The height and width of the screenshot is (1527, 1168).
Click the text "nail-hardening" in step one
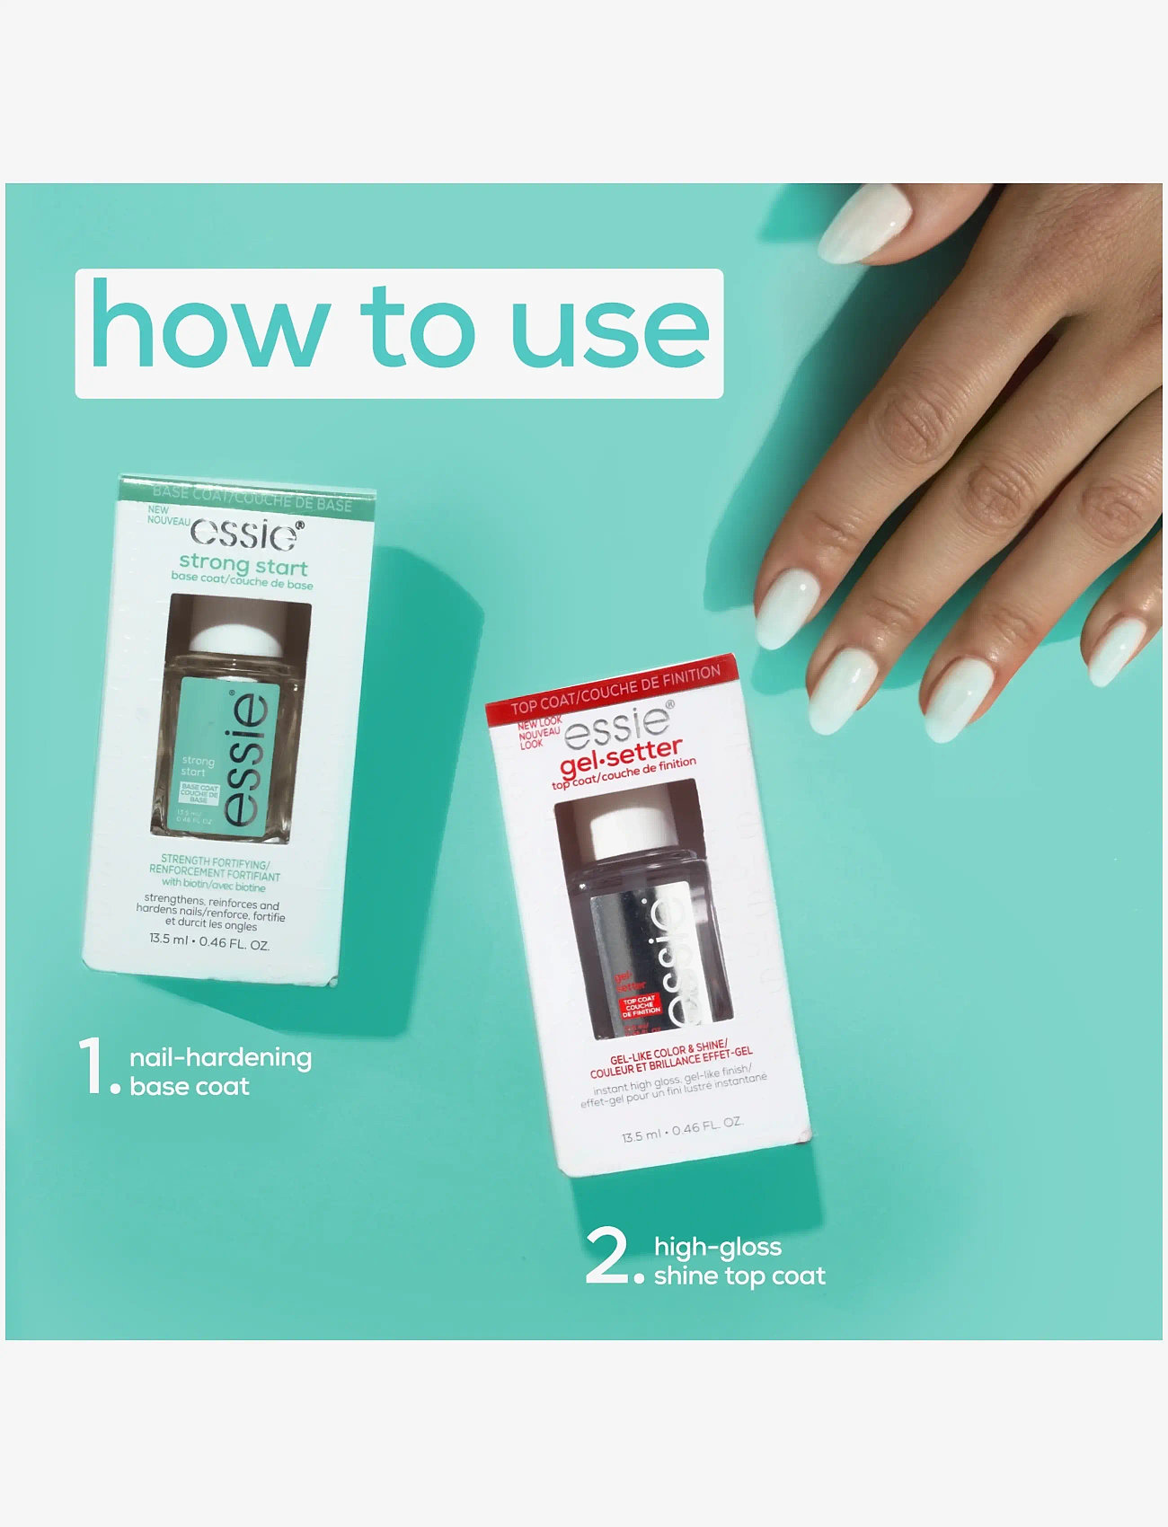[220, 1057]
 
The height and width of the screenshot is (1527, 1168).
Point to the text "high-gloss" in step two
[717, 1247]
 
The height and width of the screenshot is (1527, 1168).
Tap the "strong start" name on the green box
[243, 566]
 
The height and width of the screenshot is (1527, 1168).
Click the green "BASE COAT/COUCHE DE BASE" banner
[252, 499]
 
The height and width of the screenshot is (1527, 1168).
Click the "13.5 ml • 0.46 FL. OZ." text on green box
[209, 942]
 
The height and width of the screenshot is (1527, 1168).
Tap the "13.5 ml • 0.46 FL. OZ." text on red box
[682, 1129]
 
